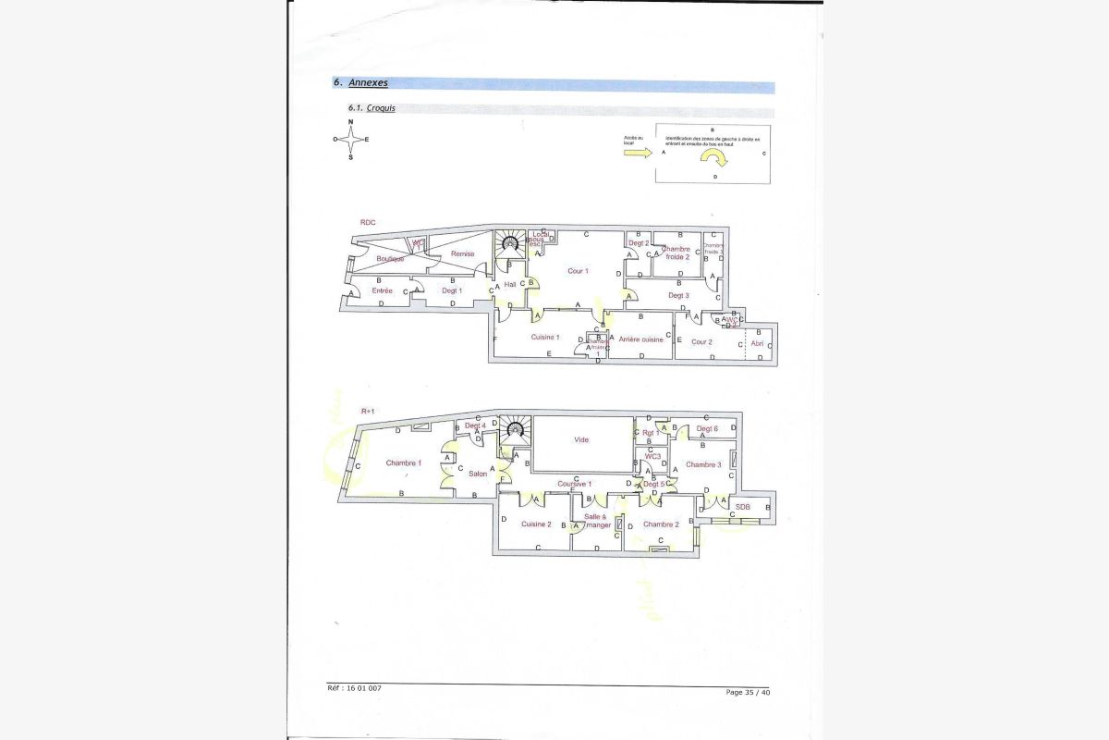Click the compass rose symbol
pos(350,140)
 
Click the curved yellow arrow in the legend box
pos(716,159)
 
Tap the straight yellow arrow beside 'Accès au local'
pos(638,154)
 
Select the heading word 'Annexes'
pos(369,82)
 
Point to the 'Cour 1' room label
pos(579,271)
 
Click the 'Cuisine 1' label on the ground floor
pos(545,338)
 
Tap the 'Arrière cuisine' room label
pos(640,339)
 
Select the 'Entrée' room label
pos(382,291)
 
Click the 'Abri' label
pos(758,343)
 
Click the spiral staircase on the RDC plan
pos(509,244)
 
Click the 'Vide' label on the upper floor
pos(581,439)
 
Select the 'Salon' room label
pos(478,474)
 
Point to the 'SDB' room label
pos(742,507)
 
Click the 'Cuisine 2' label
pos(536,524)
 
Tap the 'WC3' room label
pos(652,456)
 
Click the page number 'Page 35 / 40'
pos(748,692)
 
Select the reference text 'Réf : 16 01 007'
pos(354,688)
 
